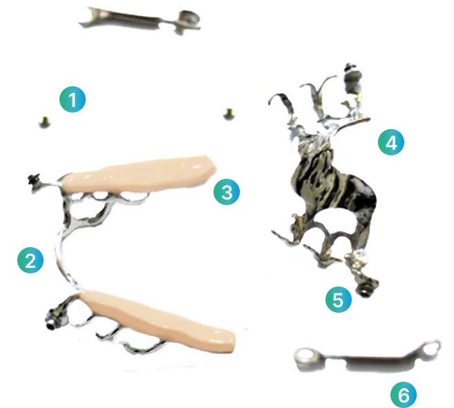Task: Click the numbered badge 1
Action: tap(73, 99)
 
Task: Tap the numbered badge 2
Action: tap(30, 260)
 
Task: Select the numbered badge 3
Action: tap(227, 191)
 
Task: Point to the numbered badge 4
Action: tap(391, 142)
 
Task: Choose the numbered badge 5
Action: tap(339, 299)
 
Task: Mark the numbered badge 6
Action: tap(404, 394)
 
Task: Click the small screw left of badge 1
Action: tap(45, 122)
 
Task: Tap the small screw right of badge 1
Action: tap(229, 113)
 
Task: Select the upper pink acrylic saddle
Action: tap(139, 174)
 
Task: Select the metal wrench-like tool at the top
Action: tap(140, 20)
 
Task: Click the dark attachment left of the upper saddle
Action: tap(34, 180)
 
